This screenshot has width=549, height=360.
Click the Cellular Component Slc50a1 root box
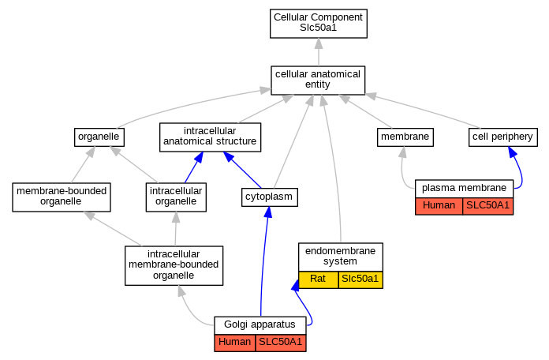point(318,24)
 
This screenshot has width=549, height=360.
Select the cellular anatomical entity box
point(318,81)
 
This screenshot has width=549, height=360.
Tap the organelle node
point(99,137)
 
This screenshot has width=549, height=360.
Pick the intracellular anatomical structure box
point(210,137)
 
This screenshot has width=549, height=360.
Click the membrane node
point(405,137)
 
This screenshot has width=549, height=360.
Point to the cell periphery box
point(502,137)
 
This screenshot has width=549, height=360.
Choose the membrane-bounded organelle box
point(62,197)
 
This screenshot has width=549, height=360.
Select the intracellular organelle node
point(176,197)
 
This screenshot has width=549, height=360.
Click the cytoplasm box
point(269,197)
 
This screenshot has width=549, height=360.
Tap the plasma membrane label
point(464,188)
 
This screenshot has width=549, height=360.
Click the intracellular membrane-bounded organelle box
point(174,265)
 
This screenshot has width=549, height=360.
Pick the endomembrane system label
point(340,257)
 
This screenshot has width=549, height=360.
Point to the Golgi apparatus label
point(260,324)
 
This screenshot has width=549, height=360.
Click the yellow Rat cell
point(318,279)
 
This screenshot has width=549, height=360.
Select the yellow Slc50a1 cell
point(360,279)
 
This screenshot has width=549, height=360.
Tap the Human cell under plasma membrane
point(439,206)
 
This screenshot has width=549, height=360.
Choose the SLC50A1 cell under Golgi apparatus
point(281,343)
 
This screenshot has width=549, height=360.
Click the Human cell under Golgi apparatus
point(235,343)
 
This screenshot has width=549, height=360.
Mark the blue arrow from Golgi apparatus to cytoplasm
point(263,261)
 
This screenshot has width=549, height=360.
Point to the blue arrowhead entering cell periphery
point(512,152)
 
